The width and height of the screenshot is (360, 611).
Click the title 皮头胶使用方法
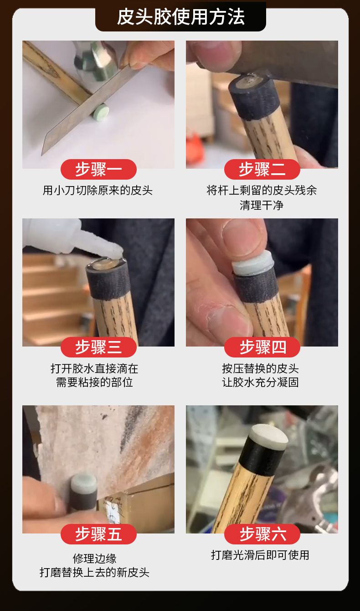click(x=180, y=17)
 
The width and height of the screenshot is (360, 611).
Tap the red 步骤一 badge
click(x=98, y=169)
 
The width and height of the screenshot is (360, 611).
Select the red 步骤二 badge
click(x=262, y=169)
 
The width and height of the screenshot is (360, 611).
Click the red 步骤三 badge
click(x=98, y=347)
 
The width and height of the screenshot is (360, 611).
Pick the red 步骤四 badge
click(x=262, y=347)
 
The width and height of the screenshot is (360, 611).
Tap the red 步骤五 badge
click(x=98, y=534)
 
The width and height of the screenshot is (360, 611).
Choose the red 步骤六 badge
click(x=262, y=534)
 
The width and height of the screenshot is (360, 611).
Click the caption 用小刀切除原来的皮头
click(x=98, y=190)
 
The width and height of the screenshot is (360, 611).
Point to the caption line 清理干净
click(x=262, y=205)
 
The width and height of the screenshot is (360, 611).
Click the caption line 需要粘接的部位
click(x=94, y=382)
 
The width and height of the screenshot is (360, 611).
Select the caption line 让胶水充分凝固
click(x=260, y=382)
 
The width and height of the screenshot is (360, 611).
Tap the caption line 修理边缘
click(x=94, y=559)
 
